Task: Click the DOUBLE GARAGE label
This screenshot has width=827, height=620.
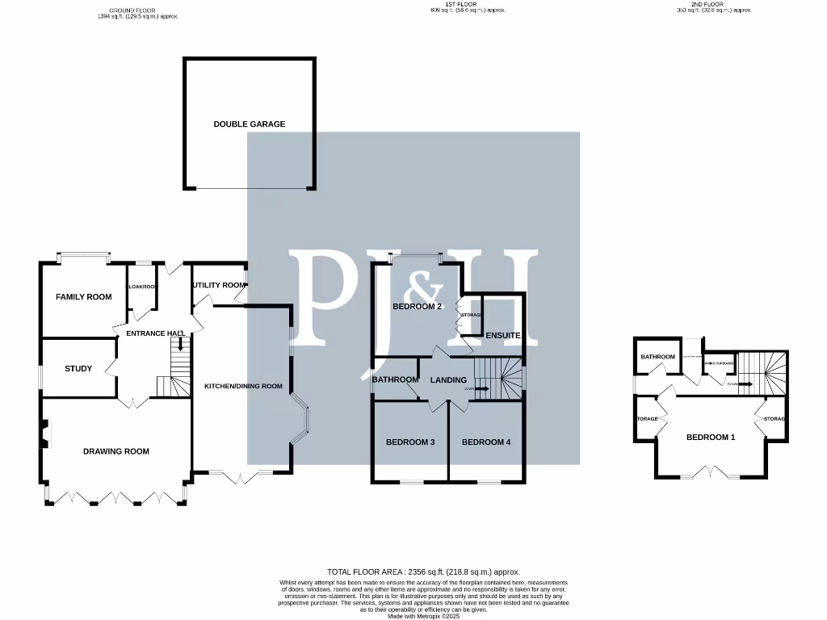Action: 249,124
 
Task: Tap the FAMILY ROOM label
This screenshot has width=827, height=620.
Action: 83,297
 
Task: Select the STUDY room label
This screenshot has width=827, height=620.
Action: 78,369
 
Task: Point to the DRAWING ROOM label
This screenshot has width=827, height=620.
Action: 116,451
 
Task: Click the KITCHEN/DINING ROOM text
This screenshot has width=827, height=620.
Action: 243,387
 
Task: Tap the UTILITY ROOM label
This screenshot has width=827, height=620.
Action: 218,285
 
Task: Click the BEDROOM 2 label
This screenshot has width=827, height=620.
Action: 417,307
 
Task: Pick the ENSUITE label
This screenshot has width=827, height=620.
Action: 502,335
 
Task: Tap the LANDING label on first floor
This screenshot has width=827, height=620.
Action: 448,380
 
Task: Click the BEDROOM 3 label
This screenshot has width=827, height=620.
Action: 410,442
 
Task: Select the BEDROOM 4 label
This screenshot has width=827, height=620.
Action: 485,442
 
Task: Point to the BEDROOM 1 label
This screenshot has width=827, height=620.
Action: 711,438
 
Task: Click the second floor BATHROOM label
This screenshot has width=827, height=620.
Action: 657,357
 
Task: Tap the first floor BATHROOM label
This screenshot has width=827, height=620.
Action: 395,380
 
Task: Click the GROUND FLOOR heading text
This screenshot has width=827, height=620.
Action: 132,10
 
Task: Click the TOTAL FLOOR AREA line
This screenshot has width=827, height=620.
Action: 423,572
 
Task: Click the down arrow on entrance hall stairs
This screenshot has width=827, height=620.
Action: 179,345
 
